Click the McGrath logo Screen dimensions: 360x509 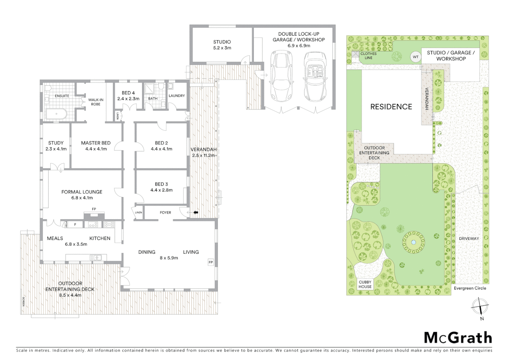pyautogui.click(x=458, y=338)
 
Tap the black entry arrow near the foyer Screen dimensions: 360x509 pyautogui.click(x=196, y=212)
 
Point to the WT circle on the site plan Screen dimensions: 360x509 pyautogui.click(x=415, y=57)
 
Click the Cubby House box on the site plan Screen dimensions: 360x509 pyautogui.click(x=365, y=284)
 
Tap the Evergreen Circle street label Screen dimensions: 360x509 pyautogui.click(x=470, y=288)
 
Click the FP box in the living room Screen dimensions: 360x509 pyautogui.click(x=211, y=262)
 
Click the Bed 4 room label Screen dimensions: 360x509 pyautogui.click(x=128, y=93)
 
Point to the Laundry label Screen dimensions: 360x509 pyautogui.click(x=177, y=96)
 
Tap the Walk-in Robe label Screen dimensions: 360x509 pyautogui.click(x=96, y=102)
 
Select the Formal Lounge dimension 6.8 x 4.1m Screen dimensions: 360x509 pyautogui.click(x=82, y=198)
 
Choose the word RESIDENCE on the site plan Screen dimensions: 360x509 pyautogui.click(x=391, y=107)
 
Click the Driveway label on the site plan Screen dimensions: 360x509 pyautogui.click(x=469, y=238)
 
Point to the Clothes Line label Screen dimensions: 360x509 pyautogui.click(x=368, y=56)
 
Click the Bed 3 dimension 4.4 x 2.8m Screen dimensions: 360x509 pyautogui.click(x=161, y=190)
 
